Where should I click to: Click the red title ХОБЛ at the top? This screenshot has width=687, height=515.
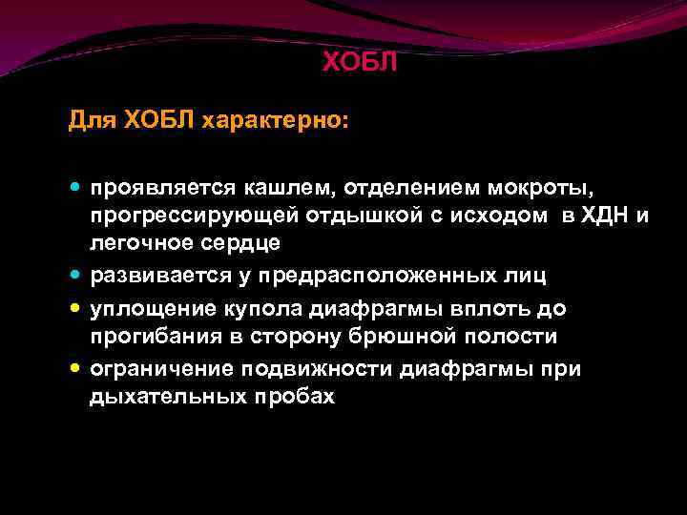pyautogui.click(x=359, y=63)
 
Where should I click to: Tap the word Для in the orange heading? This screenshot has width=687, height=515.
pyautogui.click(x=87, y=121)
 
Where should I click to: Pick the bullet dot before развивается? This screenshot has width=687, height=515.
pyautogui.click(x=76, y=278)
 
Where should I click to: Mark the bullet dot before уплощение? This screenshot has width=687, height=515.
pyautogui.click(x=76, y=309)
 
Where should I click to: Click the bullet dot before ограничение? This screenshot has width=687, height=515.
pyautogui.click(x=76, y=369)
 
